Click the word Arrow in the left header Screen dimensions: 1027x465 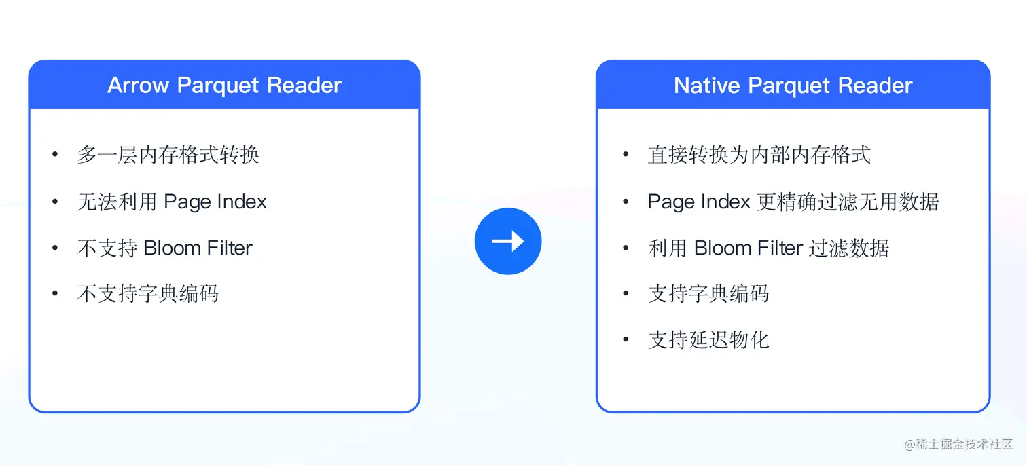click(139, 86)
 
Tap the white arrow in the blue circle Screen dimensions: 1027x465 click(508, 241)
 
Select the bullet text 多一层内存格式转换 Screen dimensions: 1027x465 click(168, 155)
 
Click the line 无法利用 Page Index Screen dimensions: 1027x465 click(172, 202)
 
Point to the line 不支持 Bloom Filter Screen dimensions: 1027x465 click(164, 248)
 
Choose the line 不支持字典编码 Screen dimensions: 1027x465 click(147, 294)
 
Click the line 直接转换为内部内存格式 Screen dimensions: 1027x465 click(759, 155)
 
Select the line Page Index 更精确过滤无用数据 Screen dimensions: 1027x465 click(793, 202)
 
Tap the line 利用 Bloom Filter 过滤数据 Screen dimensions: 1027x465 click(768, 248)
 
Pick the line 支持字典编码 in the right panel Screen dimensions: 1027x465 click(708, 294)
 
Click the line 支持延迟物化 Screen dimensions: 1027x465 click(708, 339)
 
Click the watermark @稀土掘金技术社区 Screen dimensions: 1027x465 click(958, 444)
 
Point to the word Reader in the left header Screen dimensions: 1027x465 click(304, 86)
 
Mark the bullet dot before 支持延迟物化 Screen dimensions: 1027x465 click(626, 339)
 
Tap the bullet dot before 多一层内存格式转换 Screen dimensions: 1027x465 click(55, 155)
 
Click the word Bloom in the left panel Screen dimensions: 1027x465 click(169, 248)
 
